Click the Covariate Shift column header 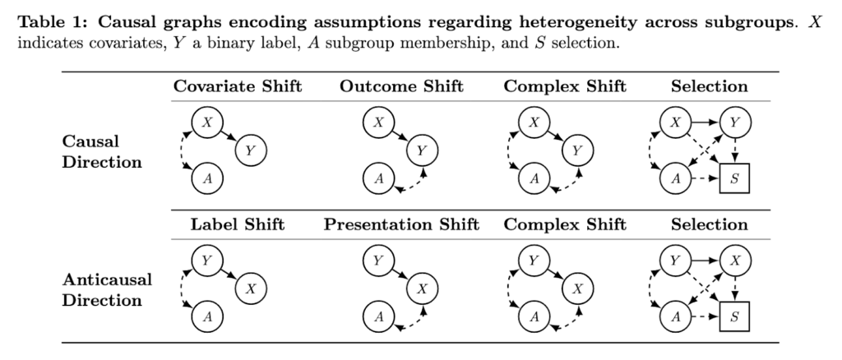[x=238, y=86]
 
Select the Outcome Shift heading [x=401, y=86]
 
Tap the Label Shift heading [x=238, y=224]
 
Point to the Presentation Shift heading [x=401, y=224]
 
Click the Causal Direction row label [x=102, y=152]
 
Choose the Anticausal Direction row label [x=108, y=289]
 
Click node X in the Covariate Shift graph [x=207, y=122]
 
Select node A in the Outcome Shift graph [x=378, y=178]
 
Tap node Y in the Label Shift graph [x=207, y=261]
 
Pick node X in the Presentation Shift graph [x=422, y=288]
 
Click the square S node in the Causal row [x=734, y=178]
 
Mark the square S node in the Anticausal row [x=734, y=316]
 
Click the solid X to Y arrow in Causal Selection [x=705, y=122]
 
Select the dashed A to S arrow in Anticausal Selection [x=705, y=316]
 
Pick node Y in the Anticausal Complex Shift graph [x=534, y=261]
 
